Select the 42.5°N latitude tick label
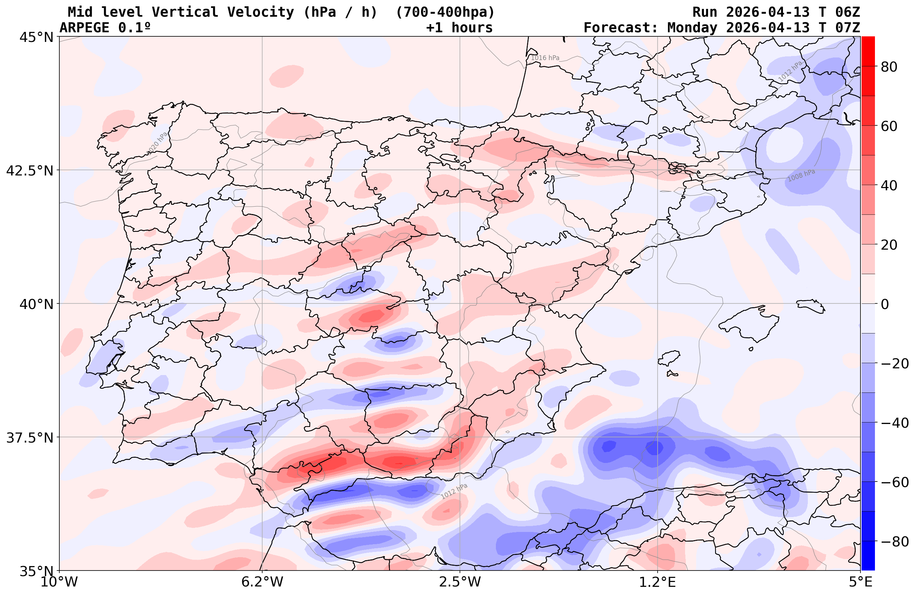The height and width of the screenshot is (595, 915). coord(30,170)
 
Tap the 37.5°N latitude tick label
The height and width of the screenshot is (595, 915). coord(30,438)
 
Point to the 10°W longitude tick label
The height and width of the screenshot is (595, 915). coord(59,582)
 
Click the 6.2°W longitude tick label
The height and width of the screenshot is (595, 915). coord(262,582)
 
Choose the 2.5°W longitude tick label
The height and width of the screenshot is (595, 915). coord(460,582)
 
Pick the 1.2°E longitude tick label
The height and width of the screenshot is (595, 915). coord(658,582)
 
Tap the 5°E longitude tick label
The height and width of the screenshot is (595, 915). coord(860,582)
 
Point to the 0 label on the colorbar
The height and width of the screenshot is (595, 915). coord(885,304)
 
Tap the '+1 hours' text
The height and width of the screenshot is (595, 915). coord(459,28)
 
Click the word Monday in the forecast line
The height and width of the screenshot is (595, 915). coord(692,28)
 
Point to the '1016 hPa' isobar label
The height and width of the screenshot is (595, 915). coord(545,58)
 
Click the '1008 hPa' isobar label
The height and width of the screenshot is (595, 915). coord(801,175)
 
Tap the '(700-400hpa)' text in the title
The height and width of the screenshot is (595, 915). coord(445,12)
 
